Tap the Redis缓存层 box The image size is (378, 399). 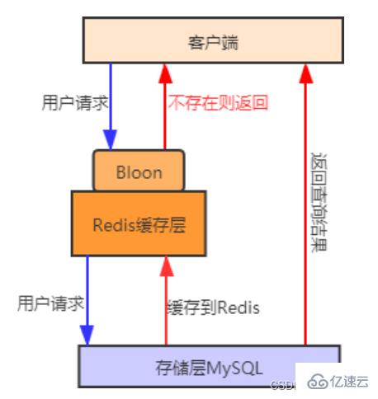click(138, 222)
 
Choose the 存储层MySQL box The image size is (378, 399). click(208, 365)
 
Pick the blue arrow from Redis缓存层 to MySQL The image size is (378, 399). click(87, 297)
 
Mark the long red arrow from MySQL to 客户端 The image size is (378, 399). click(306, 206)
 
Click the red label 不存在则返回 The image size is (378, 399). click(218, 105)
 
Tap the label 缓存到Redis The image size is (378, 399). click(213, 308)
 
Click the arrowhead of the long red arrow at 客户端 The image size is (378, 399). click(306, 75)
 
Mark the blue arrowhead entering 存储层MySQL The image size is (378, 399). click(87, 335)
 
